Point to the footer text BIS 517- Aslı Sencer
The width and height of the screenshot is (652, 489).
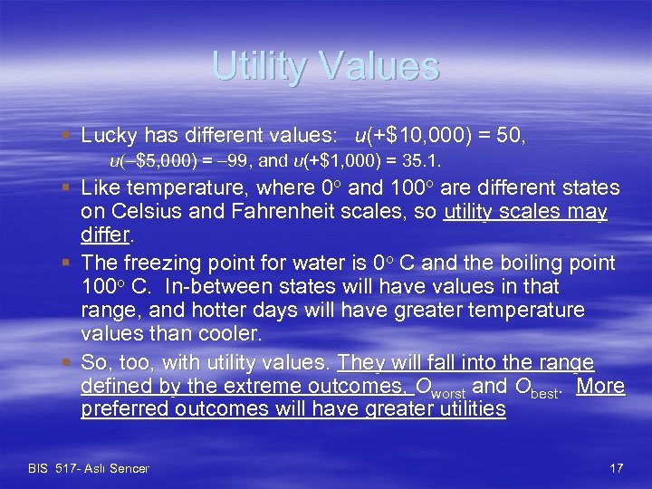pyautogui.click(x=89, y=468)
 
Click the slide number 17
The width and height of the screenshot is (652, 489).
pyautogui.click(x=617, y=468)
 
